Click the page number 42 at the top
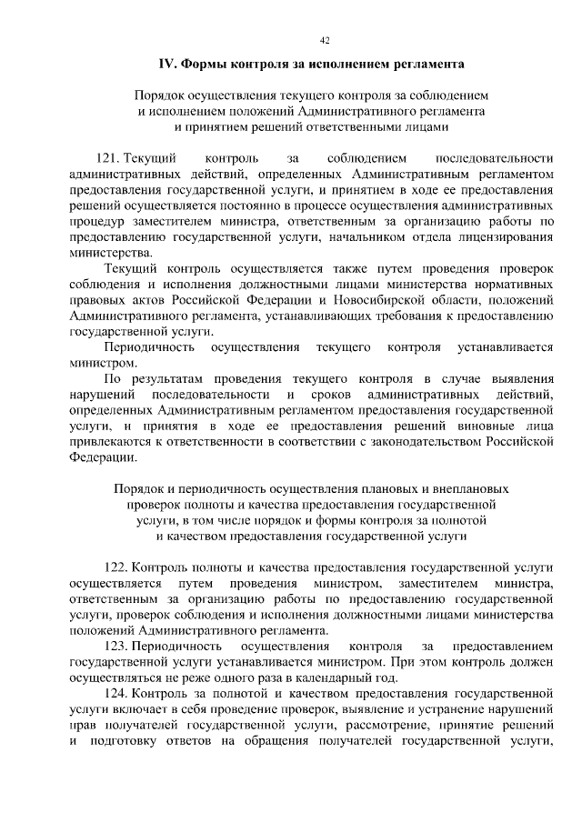point(325,38)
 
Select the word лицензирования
point(505,236)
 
